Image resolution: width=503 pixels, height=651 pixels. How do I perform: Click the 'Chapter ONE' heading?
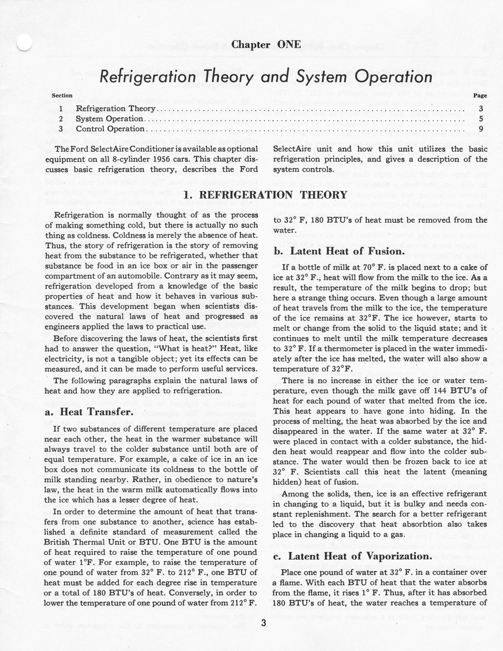(266, 45)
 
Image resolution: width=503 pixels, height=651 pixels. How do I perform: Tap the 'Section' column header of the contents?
(62, 95)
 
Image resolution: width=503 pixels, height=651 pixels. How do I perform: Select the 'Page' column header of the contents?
(480, 96)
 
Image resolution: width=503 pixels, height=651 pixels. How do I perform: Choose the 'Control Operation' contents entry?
(110, 129)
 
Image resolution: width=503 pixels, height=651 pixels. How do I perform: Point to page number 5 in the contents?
(481, 119)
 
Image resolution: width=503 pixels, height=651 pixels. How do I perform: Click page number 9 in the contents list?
(481, 129)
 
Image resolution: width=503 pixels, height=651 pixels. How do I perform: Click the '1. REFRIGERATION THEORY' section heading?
(265, 195)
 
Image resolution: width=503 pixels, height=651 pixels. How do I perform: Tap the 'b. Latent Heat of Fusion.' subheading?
(339, 251)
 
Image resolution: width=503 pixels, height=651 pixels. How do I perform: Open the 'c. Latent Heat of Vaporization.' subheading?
(353, 556)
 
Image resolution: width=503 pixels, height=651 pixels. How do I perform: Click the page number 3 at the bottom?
(264, 624)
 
